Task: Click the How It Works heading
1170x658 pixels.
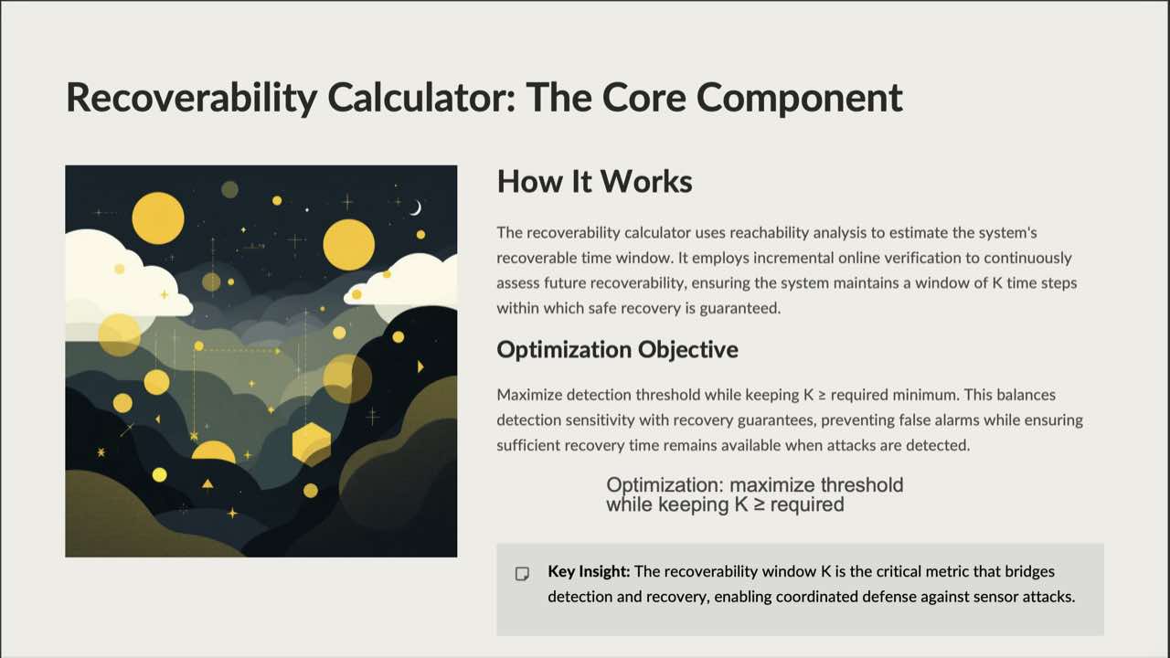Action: (594, 181)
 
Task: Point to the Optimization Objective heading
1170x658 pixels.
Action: (617, 349)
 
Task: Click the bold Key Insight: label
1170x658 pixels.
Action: (589, 571)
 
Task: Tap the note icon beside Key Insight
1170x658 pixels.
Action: (523, 574)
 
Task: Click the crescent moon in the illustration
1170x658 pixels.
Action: (416, 208)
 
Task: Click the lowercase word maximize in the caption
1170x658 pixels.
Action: (772, 485)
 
